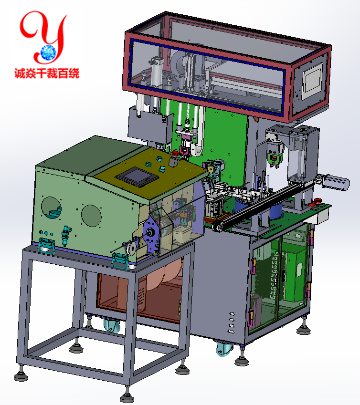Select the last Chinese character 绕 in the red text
coord(74,73)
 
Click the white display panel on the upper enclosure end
coord(313,81)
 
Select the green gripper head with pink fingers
coord(274,156)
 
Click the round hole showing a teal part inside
coord(52,208)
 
